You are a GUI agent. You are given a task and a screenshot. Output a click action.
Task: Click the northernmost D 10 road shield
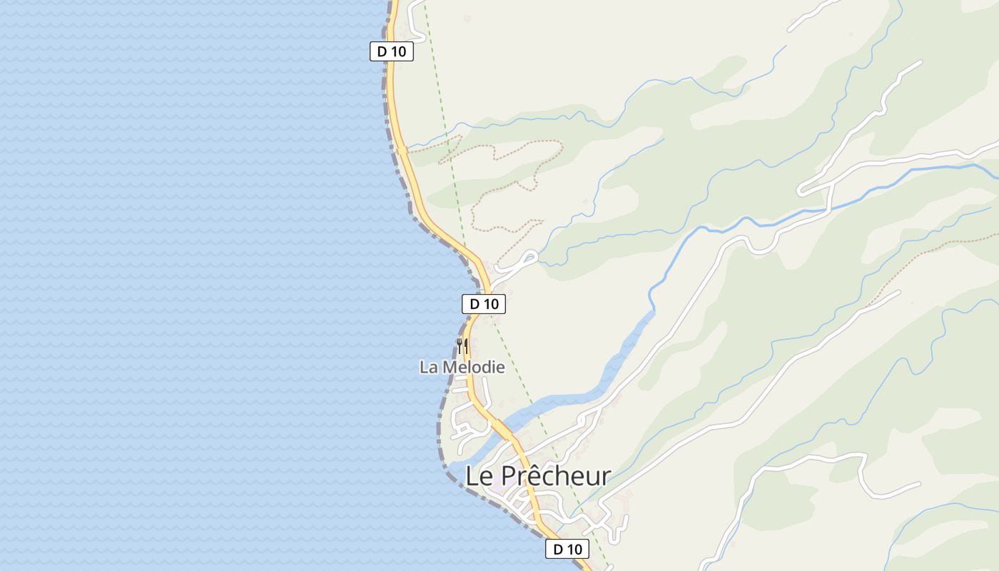click(x=392, y=51)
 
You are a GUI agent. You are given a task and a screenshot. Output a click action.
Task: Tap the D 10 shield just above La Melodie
click(x=484, y=304)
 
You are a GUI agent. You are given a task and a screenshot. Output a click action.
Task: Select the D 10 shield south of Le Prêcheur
click(x=567, y=549)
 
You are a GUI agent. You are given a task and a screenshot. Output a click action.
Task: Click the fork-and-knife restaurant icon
click(x=462, y=346)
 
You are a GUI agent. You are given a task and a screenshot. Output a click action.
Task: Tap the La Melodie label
click(x=462, y=368)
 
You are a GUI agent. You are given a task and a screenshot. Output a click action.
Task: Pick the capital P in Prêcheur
click(x=507, y=475)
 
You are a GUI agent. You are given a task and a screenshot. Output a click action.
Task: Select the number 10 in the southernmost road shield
click(x=575, y=549)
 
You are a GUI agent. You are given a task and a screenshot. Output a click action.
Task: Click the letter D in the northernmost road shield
click(x=382, y=51)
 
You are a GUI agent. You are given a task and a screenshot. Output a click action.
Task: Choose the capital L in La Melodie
click(x=424, y=368)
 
